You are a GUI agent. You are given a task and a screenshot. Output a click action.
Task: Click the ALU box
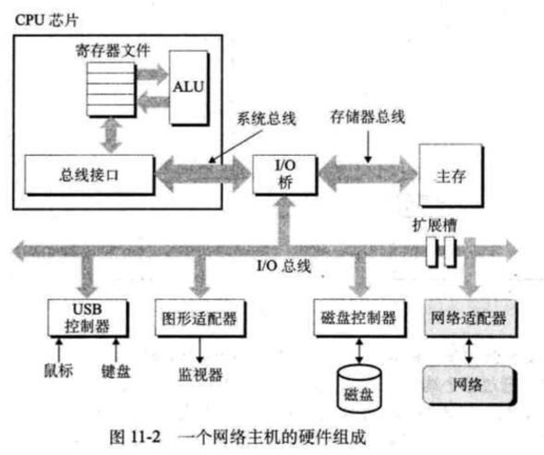(x=188, y=88)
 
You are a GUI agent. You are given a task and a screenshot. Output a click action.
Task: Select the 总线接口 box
(x=90, y=174)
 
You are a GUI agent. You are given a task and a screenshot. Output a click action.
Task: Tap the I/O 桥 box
(x=284, y=174)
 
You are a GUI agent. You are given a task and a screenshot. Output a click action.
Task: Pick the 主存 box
(x=451, y=175)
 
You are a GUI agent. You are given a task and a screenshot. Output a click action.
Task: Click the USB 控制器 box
(x=88, y=318)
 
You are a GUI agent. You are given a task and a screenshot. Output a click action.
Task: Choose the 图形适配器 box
(x=200, y=318)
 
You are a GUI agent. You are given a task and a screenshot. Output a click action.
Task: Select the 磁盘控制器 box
(x=359, y=318)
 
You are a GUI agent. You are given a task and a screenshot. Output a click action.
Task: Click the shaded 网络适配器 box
(x=470, y=318)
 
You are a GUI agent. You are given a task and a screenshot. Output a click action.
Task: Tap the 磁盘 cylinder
(x=359, y=389)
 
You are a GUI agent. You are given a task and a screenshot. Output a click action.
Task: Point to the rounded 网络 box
(x=468, y=385)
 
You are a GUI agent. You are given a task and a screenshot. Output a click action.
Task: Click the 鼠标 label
(x=58, y=370)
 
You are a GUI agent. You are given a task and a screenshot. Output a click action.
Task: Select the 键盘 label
(x=115, y=371)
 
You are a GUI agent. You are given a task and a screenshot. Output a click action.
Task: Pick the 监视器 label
(x=200, y=375)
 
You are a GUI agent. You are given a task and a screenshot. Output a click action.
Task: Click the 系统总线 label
(x=266, y=119)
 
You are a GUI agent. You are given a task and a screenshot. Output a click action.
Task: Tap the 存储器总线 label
(x=368, y=116)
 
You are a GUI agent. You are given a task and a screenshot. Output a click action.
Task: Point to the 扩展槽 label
(x=434, y=224)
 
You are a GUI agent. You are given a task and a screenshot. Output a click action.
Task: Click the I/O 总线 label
(x=284, y=266)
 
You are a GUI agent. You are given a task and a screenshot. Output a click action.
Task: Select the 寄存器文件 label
(x=113, y=51)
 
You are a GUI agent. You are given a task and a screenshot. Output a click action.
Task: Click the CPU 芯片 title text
(x=46, y=20)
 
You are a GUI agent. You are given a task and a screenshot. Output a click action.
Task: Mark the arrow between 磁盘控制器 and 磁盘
(x=359, y=351)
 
